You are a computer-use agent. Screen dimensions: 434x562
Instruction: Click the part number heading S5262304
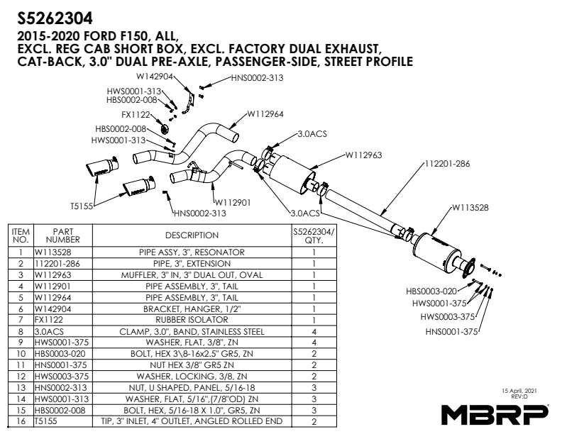[54, 15]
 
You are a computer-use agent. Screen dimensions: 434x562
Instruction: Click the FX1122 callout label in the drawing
[135, 114]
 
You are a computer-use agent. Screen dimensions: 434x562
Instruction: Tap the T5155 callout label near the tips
[82, 206]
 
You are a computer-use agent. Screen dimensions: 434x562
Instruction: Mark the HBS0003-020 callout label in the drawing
[431, 291]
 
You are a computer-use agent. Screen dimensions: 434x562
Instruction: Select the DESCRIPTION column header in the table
[192, 235]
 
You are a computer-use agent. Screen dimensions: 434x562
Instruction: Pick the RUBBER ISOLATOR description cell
[192, 321]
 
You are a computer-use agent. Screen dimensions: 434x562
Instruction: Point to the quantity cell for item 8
[314, 331]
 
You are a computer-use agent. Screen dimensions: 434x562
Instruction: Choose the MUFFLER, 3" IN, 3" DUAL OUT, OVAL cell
[192, 274]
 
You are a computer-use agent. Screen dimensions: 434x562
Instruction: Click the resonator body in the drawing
[436, 249]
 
